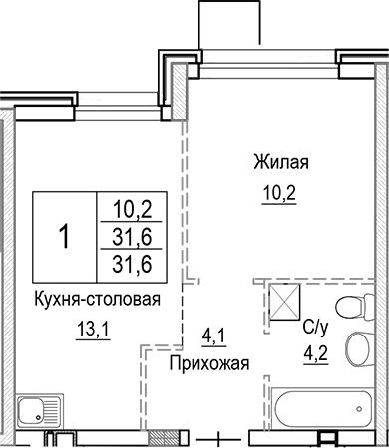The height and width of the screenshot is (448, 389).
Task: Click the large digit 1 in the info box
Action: (x=64, y=238)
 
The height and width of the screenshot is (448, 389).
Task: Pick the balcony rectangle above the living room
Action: (x=228, y=22)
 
